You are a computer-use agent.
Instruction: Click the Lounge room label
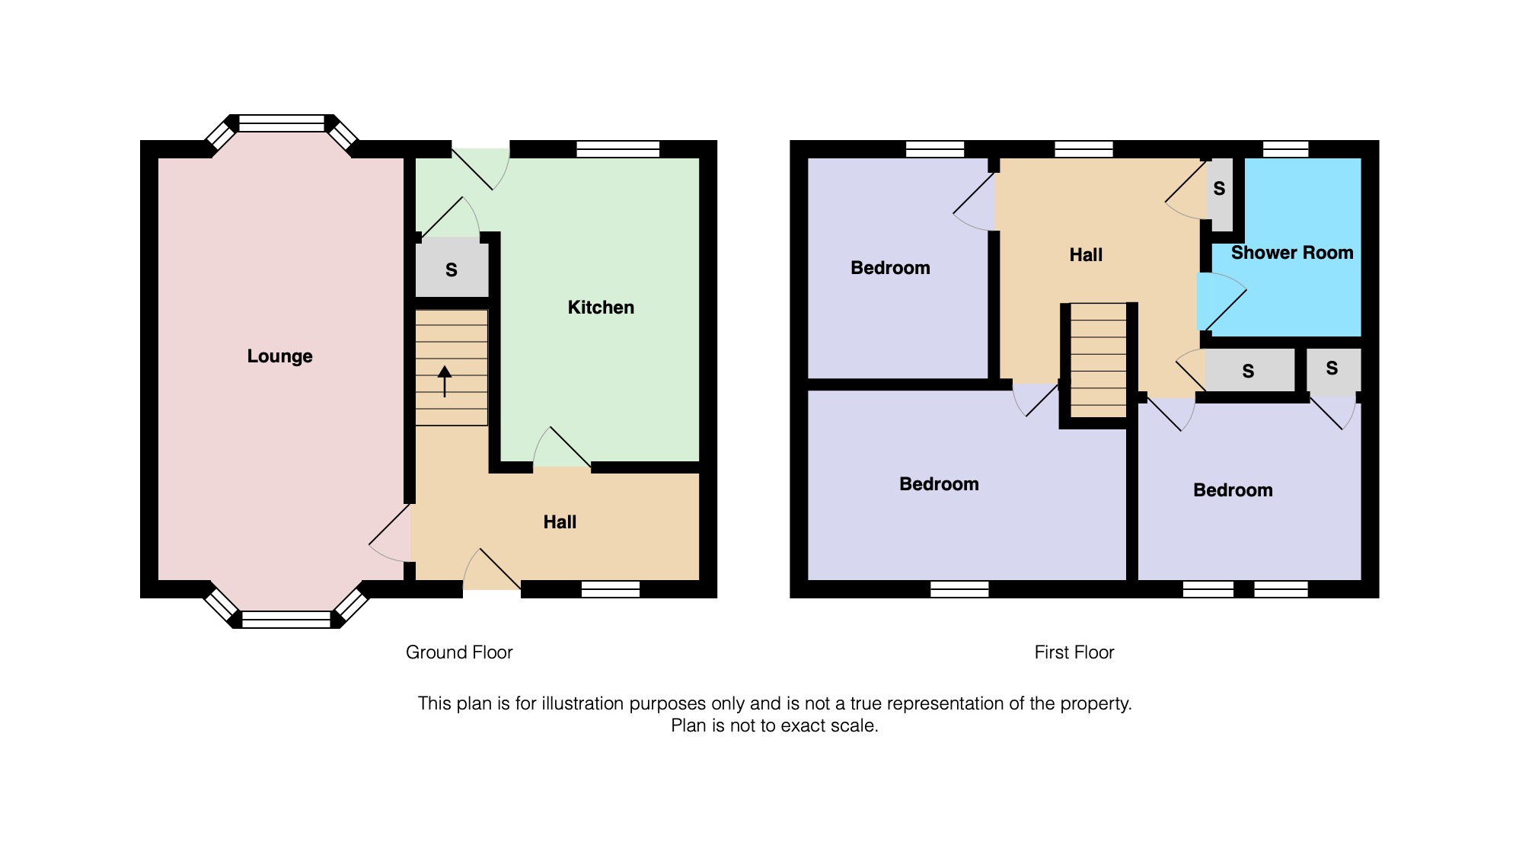[279, 356]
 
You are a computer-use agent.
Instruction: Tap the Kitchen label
[601, 308]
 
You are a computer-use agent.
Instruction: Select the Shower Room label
[1292, 253]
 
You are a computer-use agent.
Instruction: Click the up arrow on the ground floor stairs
[445, 381]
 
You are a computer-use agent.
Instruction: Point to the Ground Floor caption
[459, 652]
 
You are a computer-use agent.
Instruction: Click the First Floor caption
[1074, 652]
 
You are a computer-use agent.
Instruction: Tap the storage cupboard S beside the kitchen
[452, 269]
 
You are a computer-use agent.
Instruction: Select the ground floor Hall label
[560, 522]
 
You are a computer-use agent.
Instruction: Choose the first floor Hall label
[1086, 255]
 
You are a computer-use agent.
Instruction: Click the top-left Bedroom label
[890, 268]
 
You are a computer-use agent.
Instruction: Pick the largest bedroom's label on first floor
[939, 484]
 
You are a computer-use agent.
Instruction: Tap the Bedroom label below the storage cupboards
[1233, 490]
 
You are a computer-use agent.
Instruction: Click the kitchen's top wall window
[617, 149]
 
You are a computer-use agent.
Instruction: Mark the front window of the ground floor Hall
[611, 589]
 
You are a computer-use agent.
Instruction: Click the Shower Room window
[1286, 149]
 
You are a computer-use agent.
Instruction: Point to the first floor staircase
[1098, 360]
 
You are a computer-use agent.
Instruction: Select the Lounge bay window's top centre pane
[282, 123]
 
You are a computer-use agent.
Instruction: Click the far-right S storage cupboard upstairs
[1333, 372]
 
